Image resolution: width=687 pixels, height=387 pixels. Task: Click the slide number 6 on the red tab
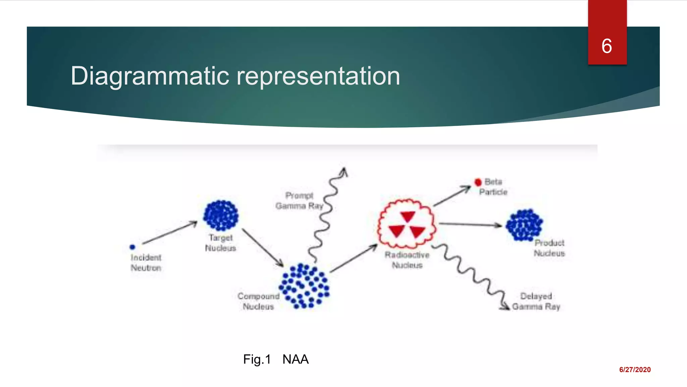[606, 46]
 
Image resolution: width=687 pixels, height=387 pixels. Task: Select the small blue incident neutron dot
[133, 247]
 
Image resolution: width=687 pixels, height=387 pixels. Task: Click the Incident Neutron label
[146, 263]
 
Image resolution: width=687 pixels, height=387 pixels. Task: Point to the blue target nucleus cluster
[221, 215]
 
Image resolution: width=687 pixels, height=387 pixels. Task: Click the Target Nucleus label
[220, 243]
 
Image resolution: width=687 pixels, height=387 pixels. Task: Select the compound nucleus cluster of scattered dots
[304, 286]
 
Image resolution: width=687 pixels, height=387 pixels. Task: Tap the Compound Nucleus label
[258, 301]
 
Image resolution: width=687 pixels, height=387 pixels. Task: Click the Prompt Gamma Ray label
[299, 201]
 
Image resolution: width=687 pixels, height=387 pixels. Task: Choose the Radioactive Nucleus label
[407, 260]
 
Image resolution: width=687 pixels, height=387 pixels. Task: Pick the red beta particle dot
[478, 182]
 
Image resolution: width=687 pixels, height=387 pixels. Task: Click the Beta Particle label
[493, 187]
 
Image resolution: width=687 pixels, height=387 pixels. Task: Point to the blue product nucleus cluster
[524, 225]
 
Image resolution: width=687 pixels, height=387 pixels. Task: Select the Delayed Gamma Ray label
[536, 301]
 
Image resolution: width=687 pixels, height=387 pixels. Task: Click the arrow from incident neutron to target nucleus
[170, 232]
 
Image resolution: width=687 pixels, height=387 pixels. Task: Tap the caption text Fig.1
[257, 359]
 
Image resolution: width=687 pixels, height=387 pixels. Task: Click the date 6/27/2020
[635, 370]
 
